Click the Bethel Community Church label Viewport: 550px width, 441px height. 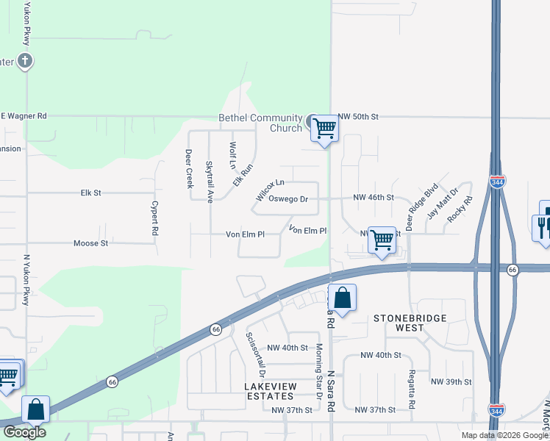[261, 123]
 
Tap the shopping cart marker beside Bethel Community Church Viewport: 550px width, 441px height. [324, 129]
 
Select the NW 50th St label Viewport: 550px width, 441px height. [358, 117]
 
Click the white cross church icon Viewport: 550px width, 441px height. [25, 60]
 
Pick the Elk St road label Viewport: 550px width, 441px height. [90, 193]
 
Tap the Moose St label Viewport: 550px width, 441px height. [90, 243]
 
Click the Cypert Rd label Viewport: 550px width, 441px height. [155, 218]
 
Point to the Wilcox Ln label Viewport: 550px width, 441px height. [270, 190]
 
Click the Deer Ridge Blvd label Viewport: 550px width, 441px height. [422, 207]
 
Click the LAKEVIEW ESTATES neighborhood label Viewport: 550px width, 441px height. [264, 391]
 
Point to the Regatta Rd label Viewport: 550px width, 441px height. [411, 395]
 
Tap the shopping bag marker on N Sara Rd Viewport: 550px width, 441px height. [342, 298]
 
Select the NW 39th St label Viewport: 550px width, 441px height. [451, 382]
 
